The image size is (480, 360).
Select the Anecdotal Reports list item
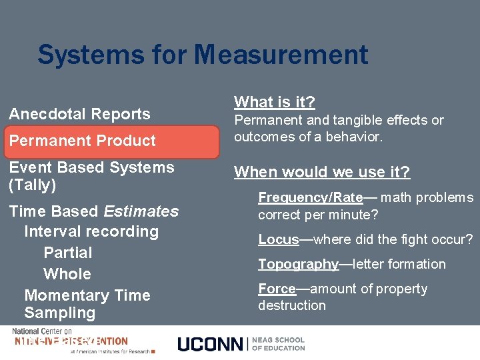[x=79, y=114]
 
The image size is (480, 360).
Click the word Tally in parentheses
[x=32, y=185]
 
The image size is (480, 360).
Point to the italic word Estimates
[x=141, y=211]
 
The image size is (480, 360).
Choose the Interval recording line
[x=91, y=231]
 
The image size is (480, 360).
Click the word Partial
[x=67, y=253]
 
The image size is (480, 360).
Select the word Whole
[x=67, y=274]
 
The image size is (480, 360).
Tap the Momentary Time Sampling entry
[x=87, y=303]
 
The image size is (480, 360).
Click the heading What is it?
[x=274, y=102]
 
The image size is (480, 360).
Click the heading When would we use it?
[x=321, y=173]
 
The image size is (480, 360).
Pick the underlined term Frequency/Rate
[x=310, y=197]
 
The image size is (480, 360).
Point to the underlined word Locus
[x=279, y=239]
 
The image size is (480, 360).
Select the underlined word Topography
[x=298, y=264]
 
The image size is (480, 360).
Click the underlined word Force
[x=277, y=289]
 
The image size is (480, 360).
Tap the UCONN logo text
[x=210, y=344]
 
